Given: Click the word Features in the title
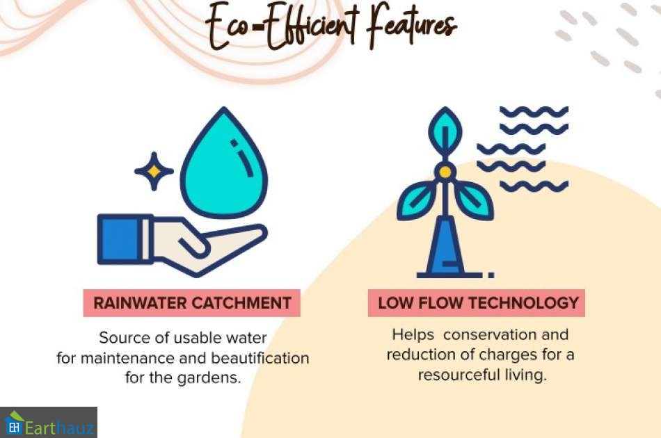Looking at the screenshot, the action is pos(411,27).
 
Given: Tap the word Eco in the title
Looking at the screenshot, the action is pos(228,27).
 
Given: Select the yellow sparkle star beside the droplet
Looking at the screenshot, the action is pos(154,171).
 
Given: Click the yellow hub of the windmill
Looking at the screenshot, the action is pos(445,172).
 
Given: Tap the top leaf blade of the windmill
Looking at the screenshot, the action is pos(445,131).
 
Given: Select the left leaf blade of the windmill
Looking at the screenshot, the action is pos(415,202).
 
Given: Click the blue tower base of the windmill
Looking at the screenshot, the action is pos(445,246).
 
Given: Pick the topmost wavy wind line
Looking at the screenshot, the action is pos(534,111).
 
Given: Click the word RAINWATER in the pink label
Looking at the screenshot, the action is pos(140,303).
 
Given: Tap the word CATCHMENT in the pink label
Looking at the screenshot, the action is pos(241,303).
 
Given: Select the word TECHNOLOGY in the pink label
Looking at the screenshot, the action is pos(523,303).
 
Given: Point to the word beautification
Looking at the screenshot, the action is pos(260,358).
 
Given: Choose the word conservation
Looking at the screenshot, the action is pos(489,335).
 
